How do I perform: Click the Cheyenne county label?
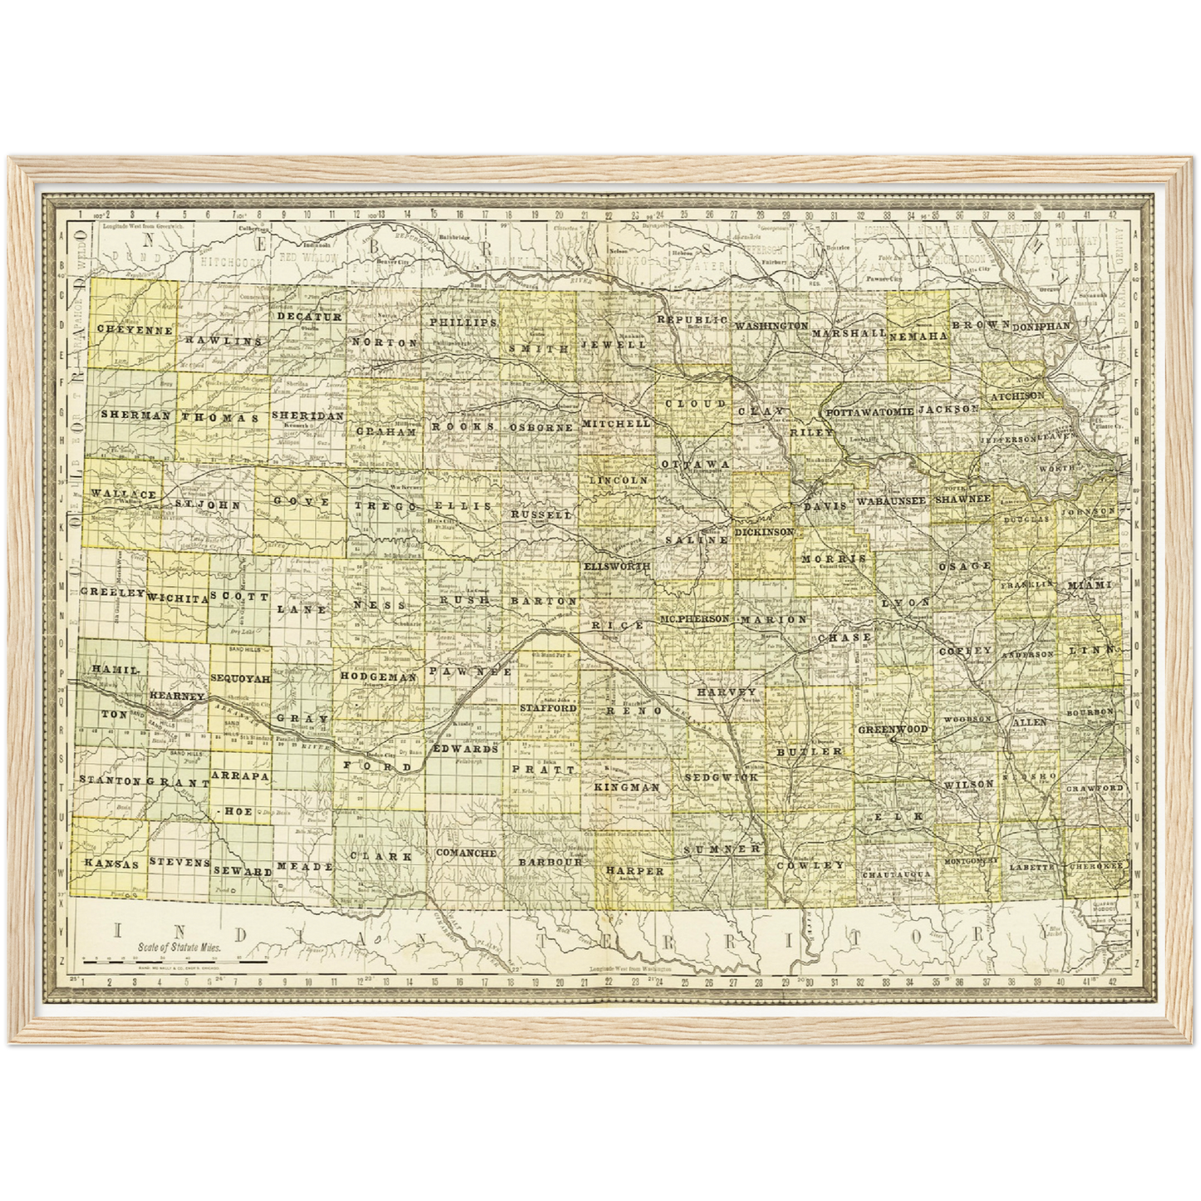(134, 329)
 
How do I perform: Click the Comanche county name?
(465, 853)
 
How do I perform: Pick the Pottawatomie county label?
(869, 412)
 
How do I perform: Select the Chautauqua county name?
(896, 875)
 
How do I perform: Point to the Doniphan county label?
(1041, 327)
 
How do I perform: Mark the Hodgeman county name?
(377, 677)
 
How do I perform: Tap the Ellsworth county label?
(616, 566)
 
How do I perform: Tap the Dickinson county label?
(764, 530)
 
